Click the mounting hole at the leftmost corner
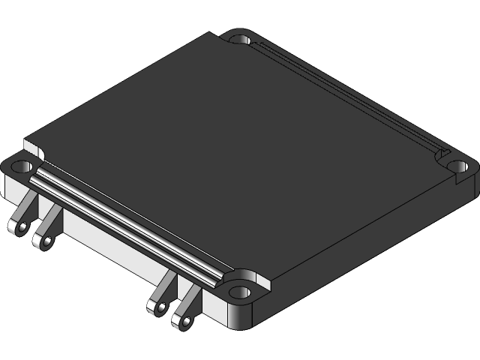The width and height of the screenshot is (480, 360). (x=20, y=164)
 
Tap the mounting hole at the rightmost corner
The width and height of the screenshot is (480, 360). (x=457, y=165)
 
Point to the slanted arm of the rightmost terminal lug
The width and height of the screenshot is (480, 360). (x=191, y=300)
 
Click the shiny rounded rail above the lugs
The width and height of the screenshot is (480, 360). (x=127, y=225)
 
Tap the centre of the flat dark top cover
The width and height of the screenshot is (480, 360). (x=240, y=142)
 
